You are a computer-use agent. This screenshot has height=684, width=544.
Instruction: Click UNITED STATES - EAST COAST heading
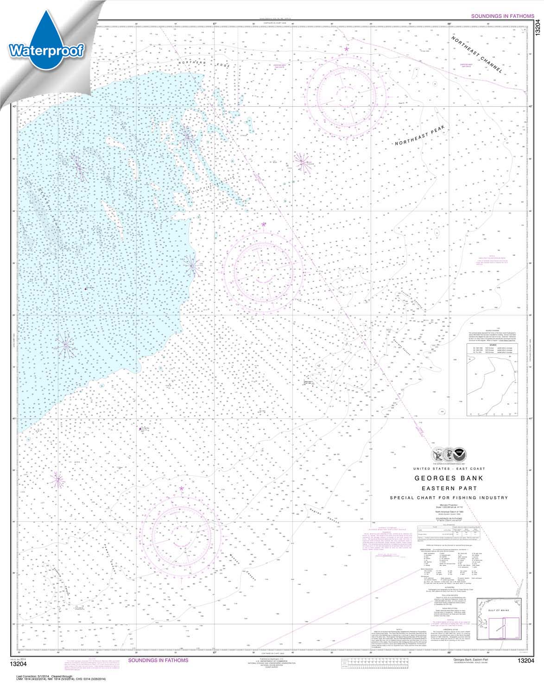[449, 469]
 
